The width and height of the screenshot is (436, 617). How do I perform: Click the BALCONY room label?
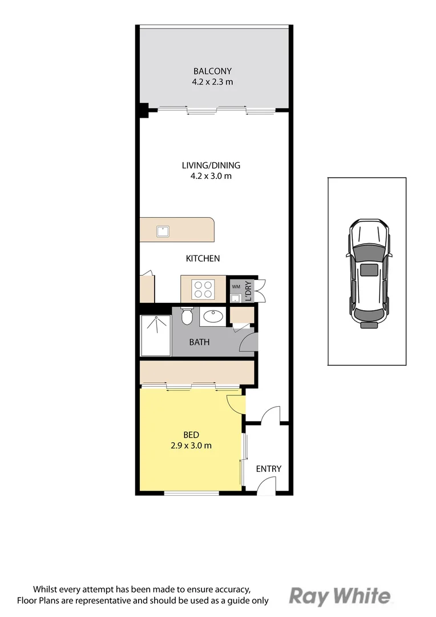coord(212,71)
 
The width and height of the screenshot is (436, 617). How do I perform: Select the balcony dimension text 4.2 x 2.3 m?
coord(212,82)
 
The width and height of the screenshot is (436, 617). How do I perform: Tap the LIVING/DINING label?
coord(211,166)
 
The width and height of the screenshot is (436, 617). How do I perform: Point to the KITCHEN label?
coord(203,259)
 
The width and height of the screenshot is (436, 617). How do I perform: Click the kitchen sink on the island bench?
coord(164,231)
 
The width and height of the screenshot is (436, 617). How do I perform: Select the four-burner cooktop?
coord(204,289)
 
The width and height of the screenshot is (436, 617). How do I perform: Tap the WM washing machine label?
coord(235,286)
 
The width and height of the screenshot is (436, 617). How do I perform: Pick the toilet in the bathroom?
coord(187,315)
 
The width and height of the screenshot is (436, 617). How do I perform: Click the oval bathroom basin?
coord(213,316)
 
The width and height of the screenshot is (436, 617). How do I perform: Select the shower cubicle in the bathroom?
coord(156,335)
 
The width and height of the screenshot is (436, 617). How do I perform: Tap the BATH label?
coord(199,342)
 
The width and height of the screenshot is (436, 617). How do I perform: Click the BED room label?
coord(191,435)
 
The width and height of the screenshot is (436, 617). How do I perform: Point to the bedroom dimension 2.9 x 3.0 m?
coord(191,446)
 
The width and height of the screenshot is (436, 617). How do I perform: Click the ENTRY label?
coord(268,469)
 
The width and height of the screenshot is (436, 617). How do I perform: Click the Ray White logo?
coord(340,596)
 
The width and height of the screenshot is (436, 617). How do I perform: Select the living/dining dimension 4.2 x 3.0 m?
coord(211,177)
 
